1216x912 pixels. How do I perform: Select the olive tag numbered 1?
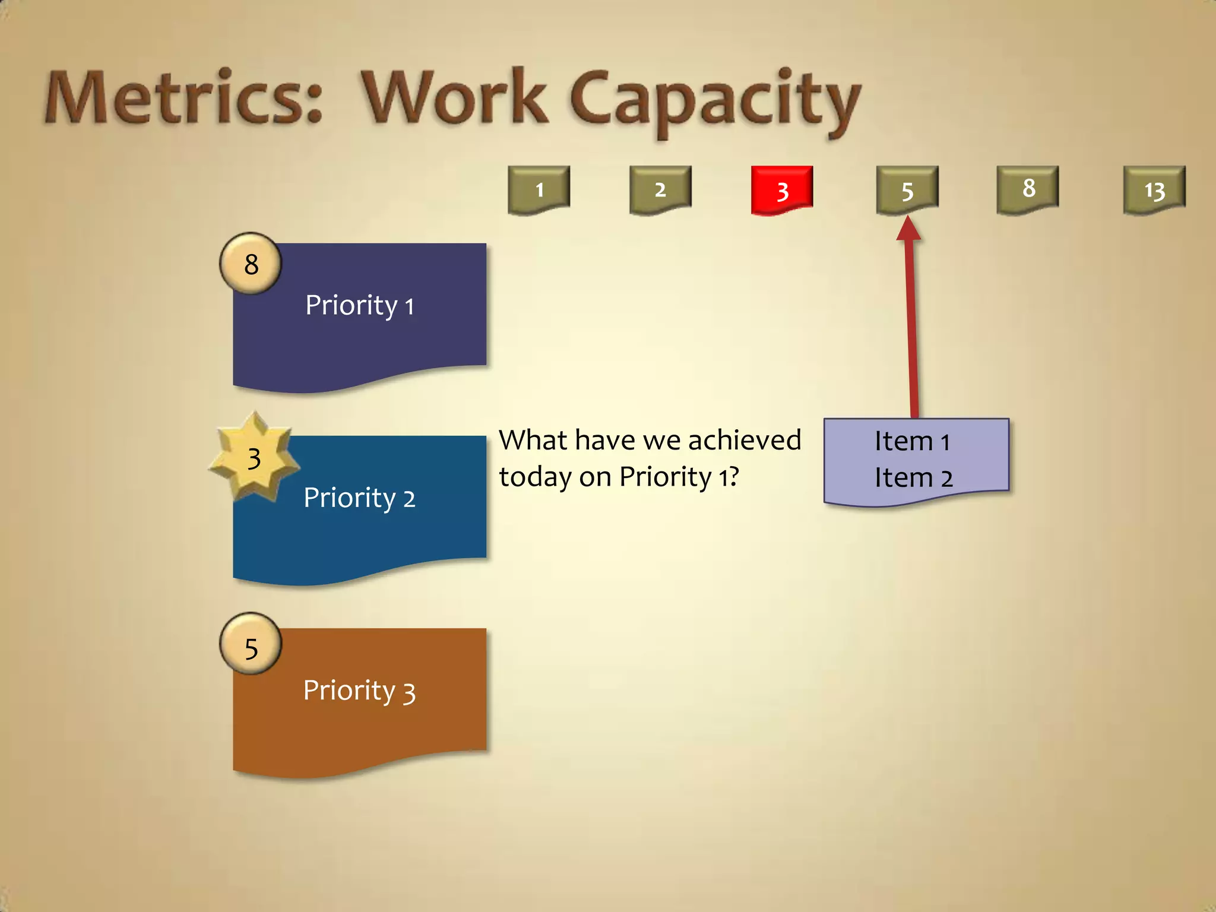click(539, 189)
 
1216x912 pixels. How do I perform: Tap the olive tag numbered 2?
click(660, 189)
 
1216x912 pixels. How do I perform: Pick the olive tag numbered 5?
click(907, 189)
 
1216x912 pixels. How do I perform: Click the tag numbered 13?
click(1154, 189)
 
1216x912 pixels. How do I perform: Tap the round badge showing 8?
click(251, 264)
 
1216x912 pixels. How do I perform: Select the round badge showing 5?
click(251, 648)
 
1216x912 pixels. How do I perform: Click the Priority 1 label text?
click(359, 306)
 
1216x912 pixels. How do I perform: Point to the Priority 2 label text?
click(359, 498)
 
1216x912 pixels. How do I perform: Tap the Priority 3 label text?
click(359, 691)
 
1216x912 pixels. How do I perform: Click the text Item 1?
click(913, 441)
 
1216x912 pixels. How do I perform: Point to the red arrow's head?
click(908, 229)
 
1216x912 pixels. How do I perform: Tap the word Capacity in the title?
click(715, 101)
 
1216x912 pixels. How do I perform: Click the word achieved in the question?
click(745, 440)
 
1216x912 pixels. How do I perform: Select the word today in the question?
click(535, 477)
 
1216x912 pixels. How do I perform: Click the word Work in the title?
click(454, 98)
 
